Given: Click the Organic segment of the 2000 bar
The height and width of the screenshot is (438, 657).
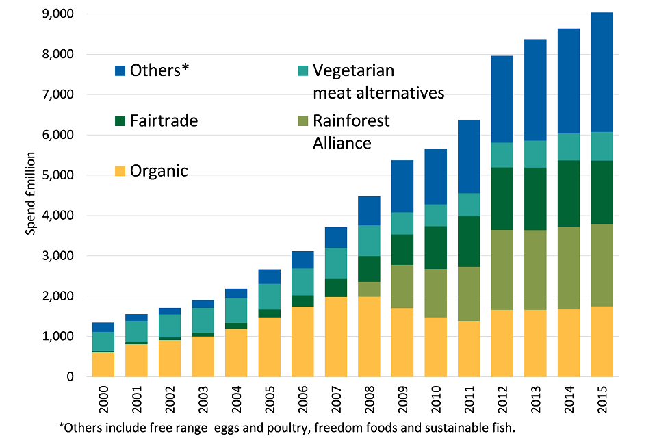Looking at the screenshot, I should tap(103, 364).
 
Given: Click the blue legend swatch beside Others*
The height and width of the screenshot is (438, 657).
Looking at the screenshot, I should tap(119, 70).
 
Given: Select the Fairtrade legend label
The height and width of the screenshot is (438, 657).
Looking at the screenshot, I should tap(164, 121).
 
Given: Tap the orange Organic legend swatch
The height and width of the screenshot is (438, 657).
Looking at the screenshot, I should tap(119, 171).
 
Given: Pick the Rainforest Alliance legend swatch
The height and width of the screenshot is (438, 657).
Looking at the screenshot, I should tap(302, 121).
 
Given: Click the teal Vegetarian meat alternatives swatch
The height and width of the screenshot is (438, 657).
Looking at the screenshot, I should tap(302, 70).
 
